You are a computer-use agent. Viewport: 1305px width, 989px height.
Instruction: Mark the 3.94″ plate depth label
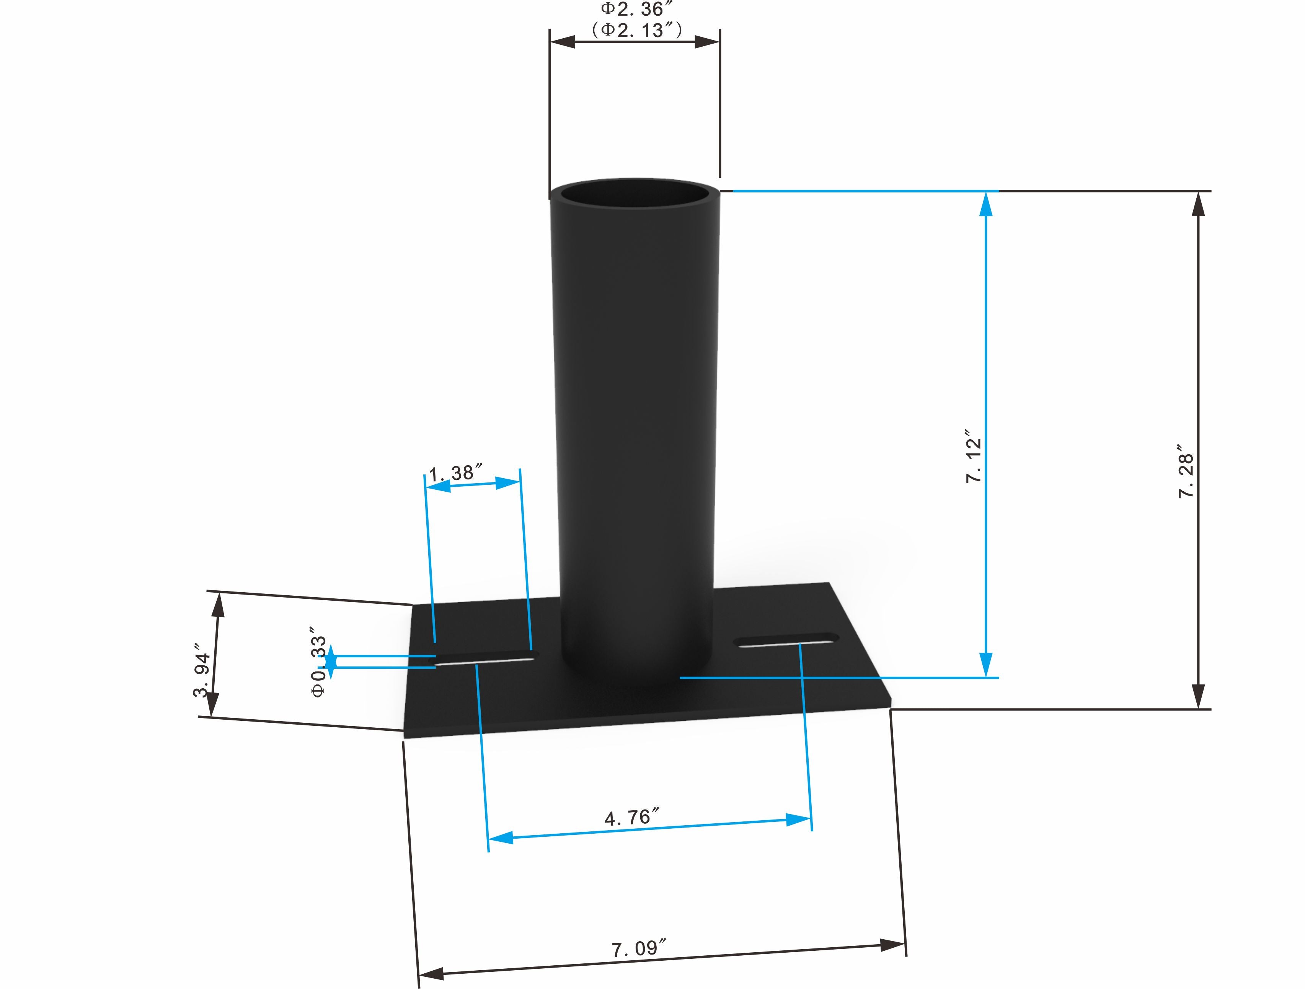coord(202,675)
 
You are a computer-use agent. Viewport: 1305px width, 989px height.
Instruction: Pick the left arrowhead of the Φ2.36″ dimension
coord(562,41)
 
